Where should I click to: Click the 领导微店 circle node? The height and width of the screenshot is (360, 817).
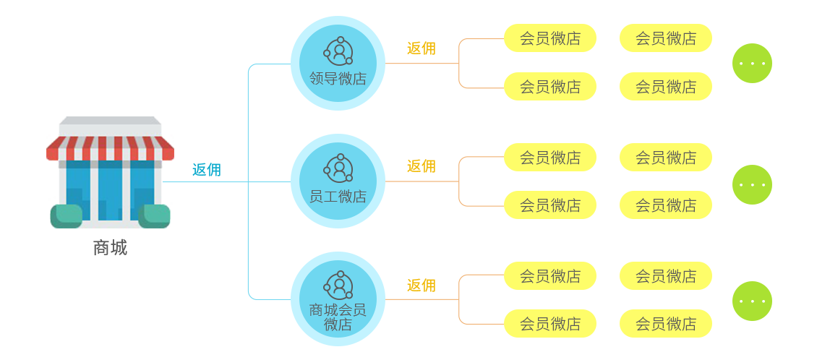coord(338,64)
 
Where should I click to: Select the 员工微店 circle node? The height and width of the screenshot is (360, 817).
coord(338,181)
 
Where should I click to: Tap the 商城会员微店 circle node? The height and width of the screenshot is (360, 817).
coord(338,299)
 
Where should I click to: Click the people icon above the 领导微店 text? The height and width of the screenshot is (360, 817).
coord(338,51)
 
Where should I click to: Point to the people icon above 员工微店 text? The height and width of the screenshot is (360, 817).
coord(338,168)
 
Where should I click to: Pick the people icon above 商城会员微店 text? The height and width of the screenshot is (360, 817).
coord(338,285)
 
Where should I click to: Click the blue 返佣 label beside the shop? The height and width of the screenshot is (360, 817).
coord(206,170)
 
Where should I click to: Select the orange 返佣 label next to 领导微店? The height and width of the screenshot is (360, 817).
coord(421,48)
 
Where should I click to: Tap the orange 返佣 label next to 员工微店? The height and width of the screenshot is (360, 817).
coord(421,166)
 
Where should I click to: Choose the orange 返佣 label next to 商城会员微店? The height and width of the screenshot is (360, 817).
coord(421,285)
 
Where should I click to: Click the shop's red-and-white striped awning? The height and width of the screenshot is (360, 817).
coord(110,147)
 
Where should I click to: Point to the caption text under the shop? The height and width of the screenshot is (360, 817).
coord(110,248)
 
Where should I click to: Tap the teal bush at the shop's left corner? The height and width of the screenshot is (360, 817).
coord(66,216)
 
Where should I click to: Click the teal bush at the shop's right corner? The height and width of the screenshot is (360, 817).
coord(155,215)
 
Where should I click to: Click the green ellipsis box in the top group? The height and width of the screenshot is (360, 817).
coord(751,63)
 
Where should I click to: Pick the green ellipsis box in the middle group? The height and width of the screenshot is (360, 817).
coord(751,184)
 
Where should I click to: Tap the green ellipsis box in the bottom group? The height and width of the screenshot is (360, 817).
coord(751,301)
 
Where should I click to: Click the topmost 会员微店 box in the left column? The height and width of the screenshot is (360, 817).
coord(549,38)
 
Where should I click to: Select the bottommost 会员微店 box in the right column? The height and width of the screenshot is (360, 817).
coord(665,323)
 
